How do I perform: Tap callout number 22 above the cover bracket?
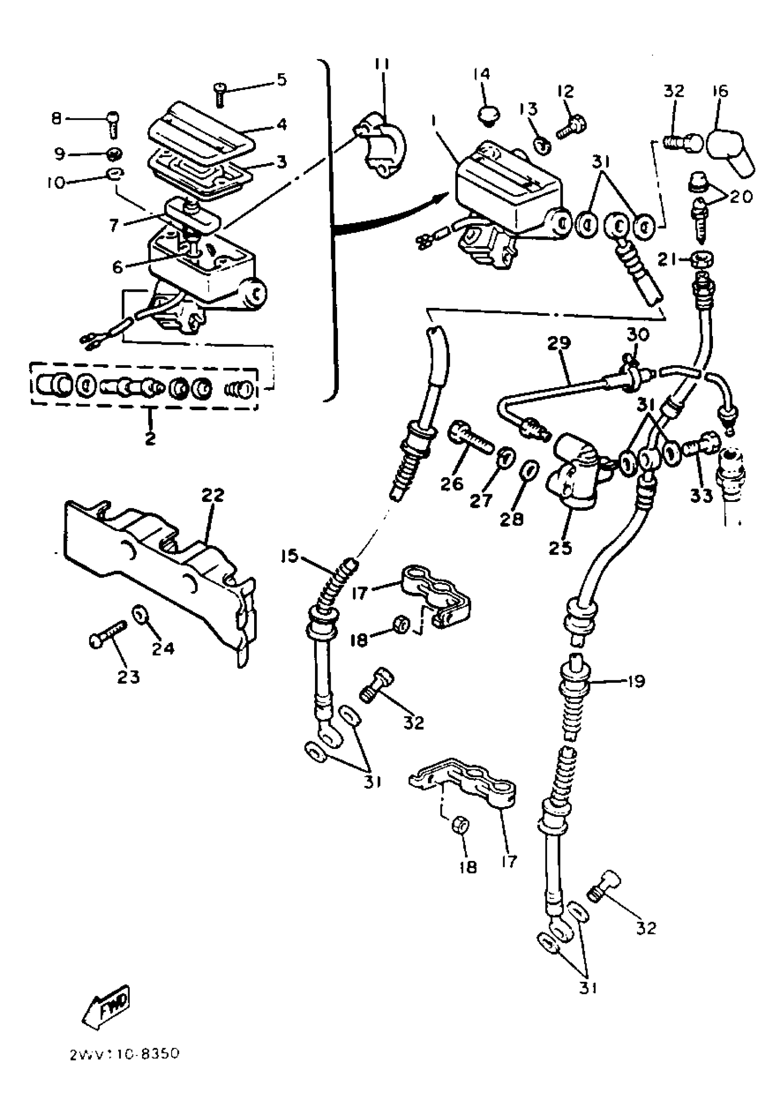(x=213, y=496)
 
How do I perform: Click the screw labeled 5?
(x=220, y=93)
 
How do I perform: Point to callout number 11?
(x=382, y=64)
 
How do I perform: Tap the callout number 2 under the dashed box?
(x=150, y=438)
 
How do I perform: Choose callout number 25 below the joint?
(x=560, y=547)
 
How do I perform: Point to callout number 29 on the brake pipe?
(x=559, y=343)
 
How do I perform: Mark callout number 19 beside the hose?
(x=636, y=681)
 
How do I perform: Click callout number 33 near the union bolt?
(x=701, y=496)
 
